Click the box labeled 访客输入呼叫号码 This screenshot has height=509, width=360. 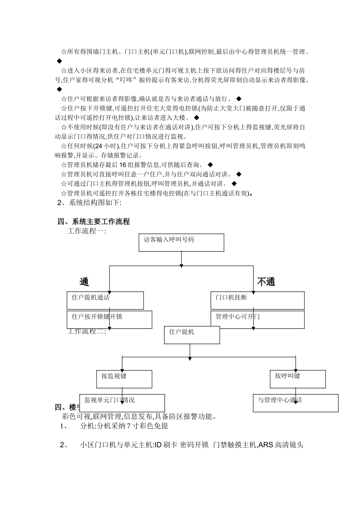coord(181,242)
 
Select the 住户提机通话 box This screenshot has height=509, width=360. coord(105,300)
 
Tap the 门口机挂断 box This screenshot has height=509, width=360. coord(257,300)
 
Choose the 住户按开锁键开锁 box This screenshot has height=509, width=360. coord(109,320)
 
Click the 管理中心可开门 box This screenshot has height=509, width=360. coord(257,320)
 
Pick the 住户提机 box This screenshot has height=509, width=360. coord(192,335)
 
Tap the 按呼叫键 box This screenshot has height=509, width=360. coord(297,379)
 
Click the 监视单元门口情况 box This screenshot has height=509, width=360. coord(122,403)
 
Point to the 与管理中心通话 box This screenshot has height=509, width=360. coord(296,403)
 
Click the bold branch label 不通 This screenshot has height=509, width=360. coord(266,282)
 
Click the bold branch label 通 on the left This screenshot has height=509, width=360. coord(84,282)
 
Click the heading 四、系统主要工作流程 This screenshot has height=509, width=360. coord(94,222)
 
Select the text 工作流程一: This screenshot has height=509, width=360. coord(87,231)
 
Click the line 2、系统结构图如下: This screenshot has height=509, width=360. coord(89,203)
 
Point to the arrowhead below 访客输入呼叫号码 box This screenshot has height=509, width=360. coord(182,264)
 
